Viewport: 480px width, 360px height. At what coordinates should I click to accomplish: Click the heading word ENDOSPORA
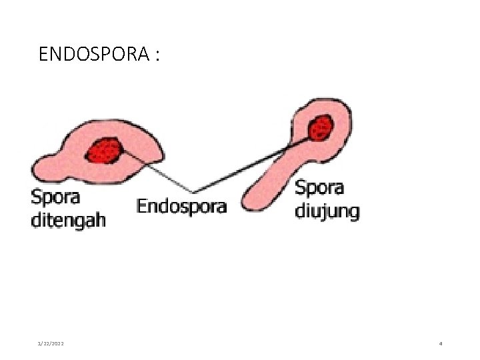click(93, 54)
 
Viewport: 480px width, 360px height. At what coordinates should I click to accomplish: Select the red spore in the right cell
click(321, 127)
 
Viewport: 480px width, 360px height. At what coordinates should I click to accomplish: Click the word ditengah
click(68, 220)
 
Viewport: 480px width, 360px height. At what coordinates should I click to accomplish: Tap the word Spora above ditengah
click(55, 198)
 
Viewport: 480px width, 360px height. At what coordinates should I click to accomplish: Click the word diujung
click(327, 212)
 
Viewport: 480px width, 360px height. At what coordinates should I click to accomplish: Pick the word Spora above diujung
click(319, 189)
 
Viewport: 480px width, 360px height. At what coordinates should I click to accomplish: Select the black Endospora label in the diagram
click(181, 207)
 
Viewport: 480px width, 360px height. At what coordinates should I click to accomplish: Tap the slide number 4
click(441, 343)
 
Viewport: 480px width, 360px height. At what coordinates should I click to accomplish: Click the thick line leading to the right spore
click(253, 161)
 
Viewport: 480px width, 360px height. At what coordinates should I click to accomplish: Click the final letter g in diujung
click(354, 214)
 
